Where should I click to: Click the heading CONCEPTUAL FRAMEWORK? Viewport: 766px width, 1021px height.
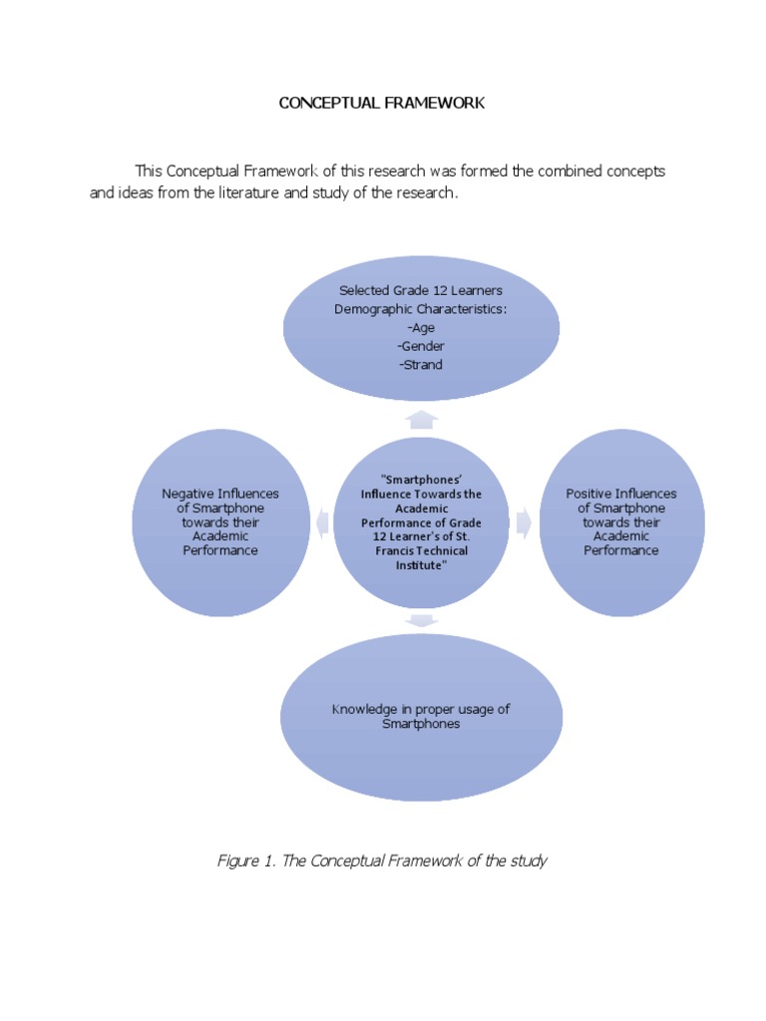click(x=381, y=103)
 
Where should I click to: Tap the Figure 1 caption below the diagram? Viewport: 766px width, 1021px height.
click(x=382, y=860)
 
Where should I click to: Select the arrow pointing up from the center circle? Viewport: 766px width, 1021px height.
click(x=423, y=419)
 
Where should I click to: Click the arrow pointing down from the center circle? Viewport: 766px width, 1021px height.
click(x=423, y=621)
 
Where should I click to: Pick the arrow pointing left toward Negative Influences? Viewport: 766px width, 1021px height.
click(x=323, y=521)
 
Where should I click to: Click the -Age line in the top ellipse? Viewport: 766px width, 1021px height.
click(x=421, y=327)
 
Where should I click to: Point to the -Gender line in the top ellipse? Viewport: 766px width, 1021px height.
click(x=421, y=346)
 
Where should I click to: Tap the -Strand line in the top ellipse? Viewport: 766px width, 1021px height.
click(x=421, y=365)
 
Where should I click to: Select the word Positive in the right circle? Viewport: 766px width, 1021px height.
click(x=590, y=494)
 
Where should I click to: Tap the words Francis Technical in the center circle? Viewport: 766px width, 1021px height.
click(x=421, y=550)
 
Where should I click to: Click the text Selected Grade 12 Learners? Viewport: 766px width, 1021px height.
click(x=421, y=290)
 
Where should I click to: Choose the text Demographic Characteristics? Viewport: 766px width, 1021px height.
click(x=421, y=309)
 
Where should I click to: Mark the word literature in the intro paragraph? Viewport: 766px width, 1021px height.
click(x=268, y=193)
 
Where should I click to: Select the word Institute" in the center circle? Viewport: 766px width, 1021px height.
click(x=421, y=565)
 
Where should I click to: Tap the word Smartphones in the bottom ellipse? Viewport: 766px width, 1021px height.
click(x=421, y=724)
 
